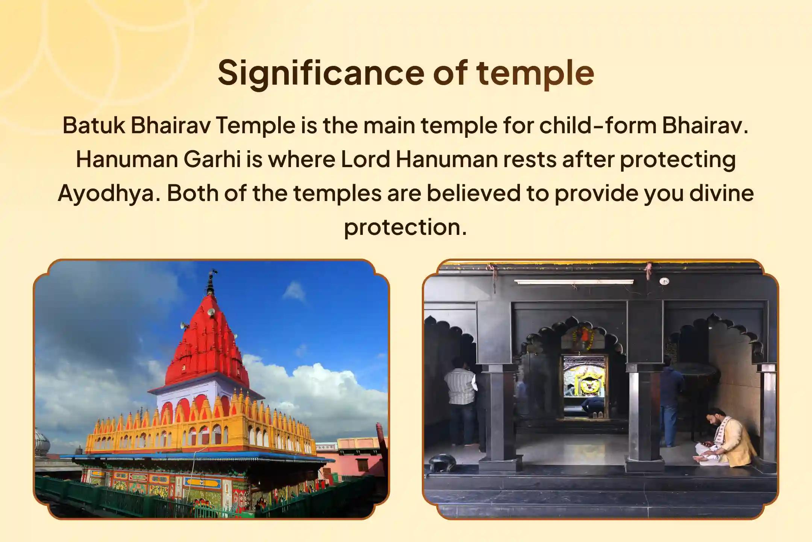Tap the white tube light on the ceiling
(x=574, y=282)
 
